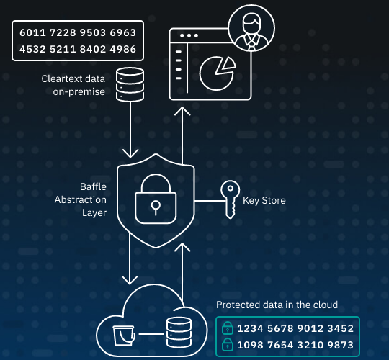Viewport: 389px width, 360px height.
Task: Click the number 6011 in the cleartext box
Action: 32,32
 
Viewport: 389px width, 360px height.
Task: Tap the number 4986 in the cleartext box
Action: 123,49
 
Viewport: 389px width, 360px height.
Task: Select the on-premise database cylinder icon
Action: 130,85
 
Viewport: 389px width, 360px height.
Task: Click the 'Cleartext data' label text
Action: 73,79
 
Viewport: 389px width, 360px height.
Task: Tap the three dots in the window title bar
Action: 189,35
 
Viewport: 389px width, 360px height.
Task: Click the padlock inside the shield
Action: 156,199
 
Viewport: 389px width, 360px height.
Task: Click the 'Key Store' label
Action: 264,200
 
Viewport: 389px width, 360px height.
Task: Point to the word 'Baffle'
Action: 93,186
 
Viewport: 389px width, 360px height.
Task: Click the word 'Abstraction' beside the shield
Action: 81,199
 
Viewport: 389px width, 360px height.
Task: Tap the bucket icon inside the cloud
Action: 124,336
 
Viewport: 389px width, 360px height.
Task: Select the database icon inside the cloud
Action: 179,332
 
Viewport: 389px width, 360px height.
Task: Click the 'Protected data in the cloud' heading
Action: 277,305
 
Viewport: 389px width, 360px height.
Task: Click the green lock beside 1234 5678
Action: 228,328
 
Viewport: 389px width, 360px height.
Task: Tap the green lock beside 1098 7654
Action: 228,345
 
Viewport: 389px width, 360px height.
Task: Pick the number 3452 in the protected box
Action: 340,328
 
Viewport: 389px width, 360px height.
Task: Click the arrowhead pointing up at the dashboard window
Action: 182,111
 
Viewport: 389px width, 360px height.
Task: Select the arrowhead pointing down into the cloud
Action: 130,280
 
